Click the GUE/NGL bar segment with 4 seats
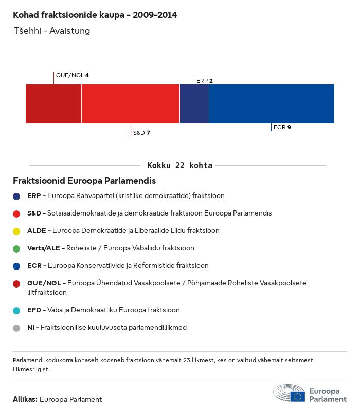(x=53, y=104)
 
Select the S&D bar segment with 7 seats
(x=130, y=104)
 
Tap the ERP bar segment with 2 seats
(x=194, y=104)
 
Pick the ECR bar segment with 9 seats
(x=271, y=104)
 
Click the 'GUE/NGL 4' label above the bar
(x=72, y=75)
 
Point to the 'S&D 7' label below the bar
(x=141, y=133)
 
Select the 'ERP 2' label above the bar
(x=204, y=81)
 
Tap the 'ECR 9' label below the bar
(x=282, y=127)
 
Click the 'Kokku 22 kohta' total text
(x=179, y=165)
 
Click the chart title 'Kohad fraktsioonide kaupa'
(x=95, y=15)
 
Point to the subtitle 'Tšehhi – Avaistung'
(x=51, y=31)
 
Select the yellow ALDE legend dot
(x=17, y=231)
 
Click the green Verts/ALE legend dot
(x=17, y=248)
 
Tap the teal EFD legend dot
(x=17, y=310)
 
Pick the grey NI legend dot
(x=17, y=328)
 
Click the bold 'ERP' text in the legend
(x=34, y=196)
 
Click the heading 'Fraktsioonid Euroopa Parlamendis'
(x=84, y=181)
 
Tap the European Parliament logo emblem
(x=289, y=393)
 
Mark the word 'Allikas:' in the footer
(x=25, y=399)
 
